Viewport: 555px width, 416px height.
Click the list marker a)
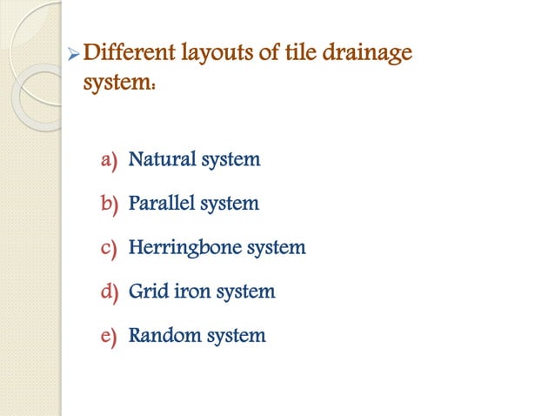point(109,160)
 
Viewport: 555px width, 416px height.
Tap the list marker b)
point(109,204)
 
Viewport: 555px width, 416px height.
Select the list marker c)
point(109,248)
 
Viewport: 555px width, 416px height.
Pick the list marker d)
point(109,292)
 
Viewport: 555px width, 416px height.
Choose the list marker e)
point(109,335)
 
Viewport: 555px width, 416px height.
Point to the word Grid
point(147,291)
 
